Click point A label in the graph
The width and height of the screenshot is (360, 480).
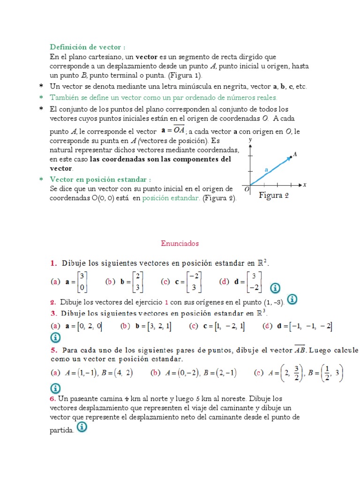point(295,154)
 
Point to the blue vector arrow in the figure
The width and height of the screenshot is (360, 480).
point(270,171)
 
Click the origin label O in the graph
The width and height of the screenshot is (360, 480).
point(247,189)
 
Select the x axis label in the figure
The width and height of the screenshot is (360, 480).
point(305,185)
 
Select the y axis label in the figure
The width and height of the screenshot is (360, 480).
point(251,140)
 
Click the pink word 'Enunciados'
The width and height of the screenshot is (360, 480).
point(180,243)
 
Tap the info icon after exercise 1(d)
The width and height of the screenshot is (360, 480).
point(276,287)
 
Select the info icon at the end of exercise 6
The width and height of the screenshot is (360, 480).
point(81,427)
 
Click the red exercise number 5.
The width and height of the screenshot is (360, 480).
point(54,350)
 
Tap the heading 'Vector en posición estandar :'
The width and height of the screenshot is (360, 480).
point(100,180)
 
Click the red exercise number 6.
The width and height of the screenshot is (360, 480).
point(52,398)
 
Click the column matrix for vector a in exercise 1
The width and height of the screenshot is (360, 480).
point(82,282)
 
